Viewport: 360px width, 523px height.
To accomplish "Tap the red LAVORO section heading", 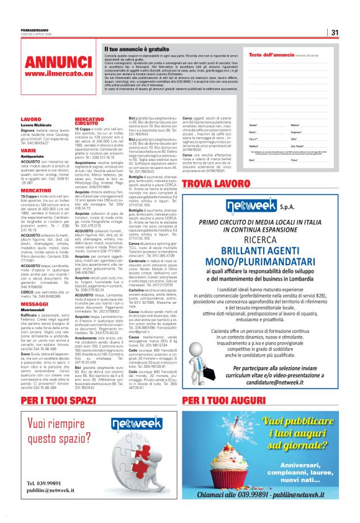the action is (30, 118).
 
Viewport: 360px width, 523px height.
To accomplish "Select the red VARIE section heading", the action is (28, 150).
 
